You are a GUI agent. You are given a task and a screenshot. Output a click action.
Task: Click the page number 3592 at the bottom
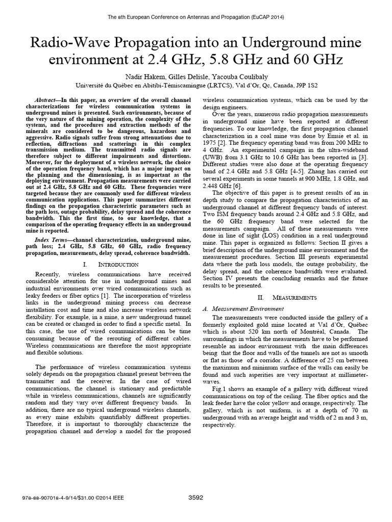(196, 497)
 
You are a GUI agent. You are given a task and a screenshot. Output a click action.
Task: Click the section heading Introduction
(118, 265)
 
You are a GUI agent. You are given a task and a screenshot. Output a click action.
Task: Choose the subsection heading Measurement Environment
(242, 308)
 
